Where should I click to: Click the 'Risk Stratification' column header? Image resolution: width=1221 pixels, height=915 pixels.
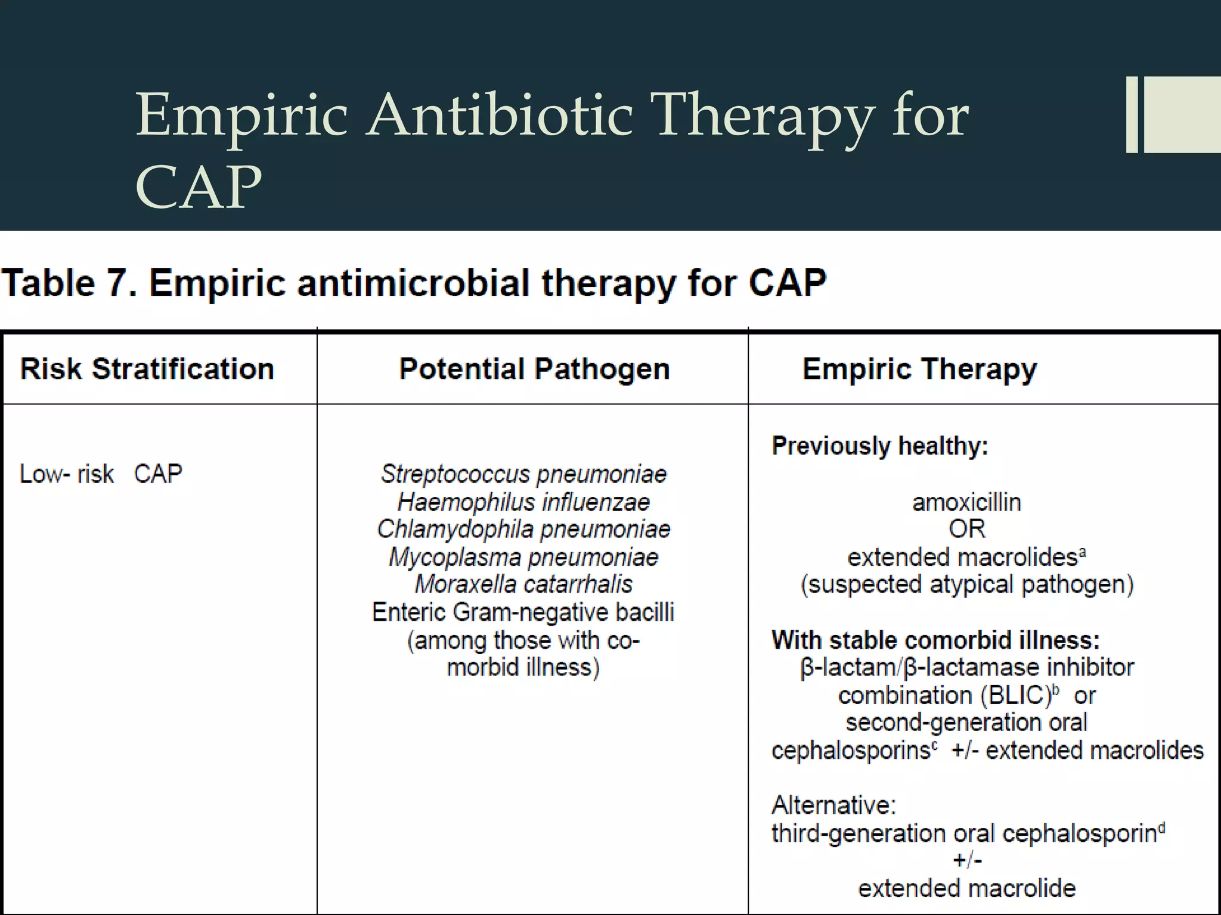(147, 369)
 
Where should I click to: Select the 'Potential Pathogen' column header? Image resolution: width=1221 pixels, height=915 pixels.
(534, 369)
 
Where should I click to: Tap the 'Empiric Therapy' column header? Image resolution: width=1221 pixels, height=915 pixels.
(919, 369)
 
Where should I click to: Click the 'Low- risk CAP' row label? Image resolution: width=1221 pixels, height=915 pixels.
(101, 474)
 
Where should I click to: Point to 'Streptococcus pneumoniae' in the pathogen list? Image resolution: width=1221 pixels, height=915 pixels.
(523, 474)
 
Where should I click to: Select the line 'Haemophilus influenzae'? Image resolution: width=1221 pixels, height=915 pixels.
(523, 502)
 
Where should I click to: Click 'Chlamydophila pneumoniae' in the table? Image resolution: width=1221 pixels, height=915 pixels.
(523, 529)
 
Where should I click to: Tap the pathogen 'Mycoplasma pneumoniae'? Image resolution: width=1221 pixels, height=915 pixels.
(523, 558)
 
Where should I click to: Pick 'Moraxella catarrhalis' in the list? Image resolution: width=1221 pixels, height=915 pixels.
(523, 584)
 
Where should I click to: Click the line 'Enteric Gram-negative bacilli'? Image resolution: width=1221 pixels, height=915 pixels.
(523, 612)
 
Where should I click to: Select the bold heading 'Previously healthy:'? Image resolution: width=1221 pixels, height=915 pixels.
(880, 446)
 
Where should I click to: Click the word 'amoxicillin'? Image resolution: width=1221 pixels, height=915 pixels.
(966, 502)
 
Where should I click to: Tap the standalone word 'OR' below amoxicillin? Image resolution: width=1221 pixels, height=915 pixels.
(966, 529)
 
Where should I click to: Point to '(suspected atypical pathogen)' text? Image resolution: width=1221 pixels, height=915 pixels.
(966, 584)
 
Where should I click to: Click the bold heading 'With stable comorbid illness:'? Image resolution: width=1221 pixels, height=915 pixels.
(935, 640)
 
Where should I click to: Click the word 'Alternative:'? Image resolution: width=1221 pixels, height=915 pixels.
(833, 805)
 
